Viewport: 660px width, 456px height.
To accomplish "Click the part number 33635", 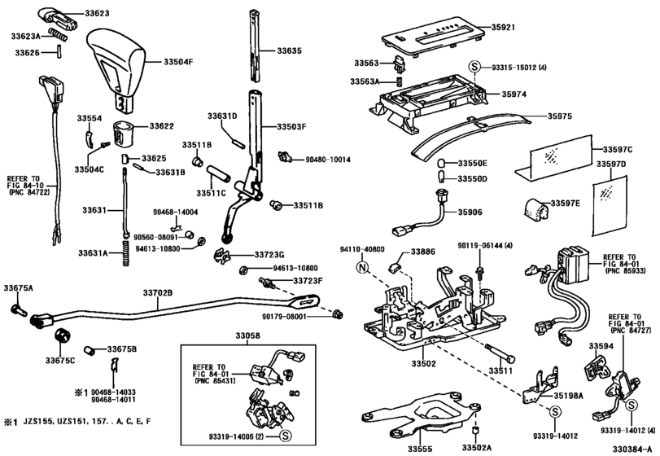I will click(x=289, y=50).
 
